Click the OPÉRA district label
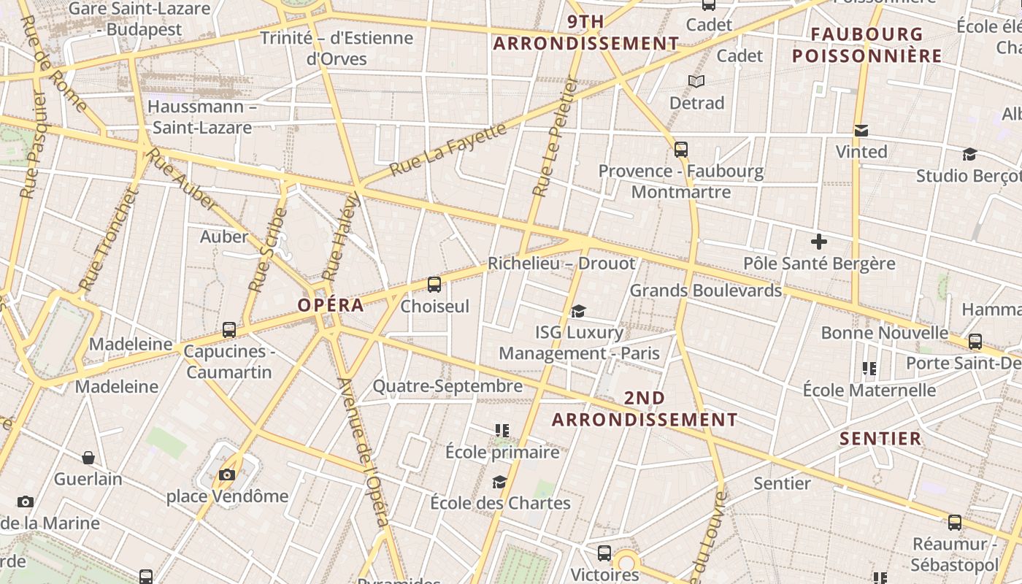point(331,305)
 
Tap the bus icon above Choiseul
point(434,285)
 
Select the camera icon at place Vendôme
point(227,475)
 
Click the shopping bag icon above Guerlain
point(88,458)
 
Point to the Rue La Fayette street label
point(447,150)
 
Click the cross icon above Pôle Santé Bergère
point(819,241)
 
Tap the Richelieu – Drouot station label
point(561,264)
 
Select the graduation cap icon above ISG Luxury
point(579,311)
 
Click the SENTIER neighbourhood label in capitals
point(880,439)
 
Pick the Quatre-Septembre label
point(447,386)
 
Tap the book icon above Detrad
point(696,81)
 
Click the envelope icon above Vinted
point(861,131)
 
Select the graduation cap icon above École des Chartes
point(500,482)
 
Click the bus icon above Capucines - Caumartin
point(229,330)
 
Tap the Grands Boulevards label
point(705,291)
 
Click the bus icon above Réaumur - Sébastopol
point(955,523)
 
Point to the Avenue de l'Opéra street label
point(363,453)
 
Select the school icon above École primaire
point(502,431)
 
